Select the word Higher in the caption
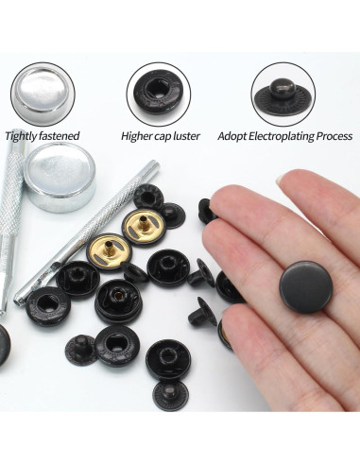coord(139,136)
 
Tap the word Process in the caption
coord(336,136)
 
